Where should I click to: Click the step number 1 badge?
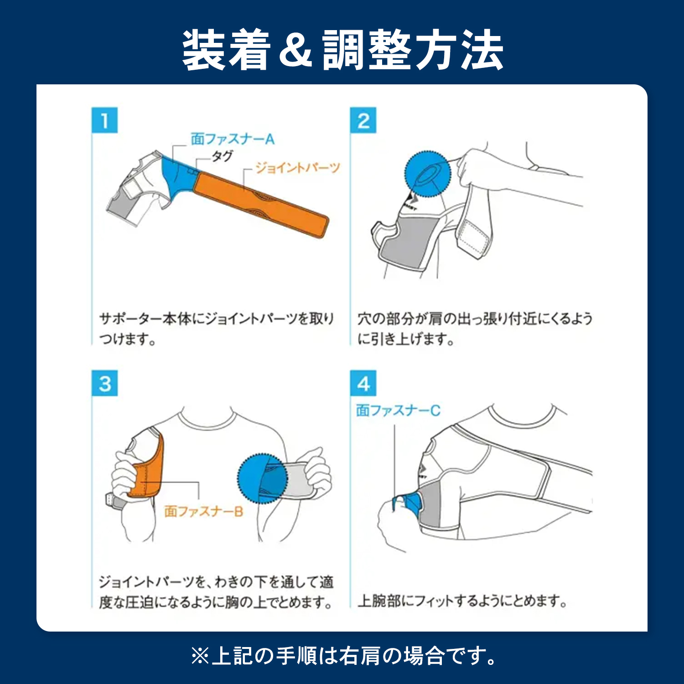point(104,120)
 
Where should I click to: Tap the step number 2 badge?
point(363,120)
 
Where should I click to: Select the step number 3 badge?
point(104,383)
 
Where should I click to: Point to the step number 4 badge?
point(363,383)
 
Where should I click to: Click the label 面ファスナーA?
point(233,139)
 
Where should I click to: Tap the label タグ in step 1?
point(223,156)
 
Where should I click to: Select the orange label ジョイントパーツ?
point(297,168)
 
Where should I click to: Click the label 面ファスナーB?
point(203,511)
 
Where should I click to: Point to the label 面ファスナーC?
point(398,410)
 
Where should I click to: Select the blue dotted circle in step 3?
point(262,478)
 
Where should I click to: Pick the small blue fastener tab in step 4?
point(409,502)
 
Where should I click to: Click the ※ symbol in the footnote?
point(200,657)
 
